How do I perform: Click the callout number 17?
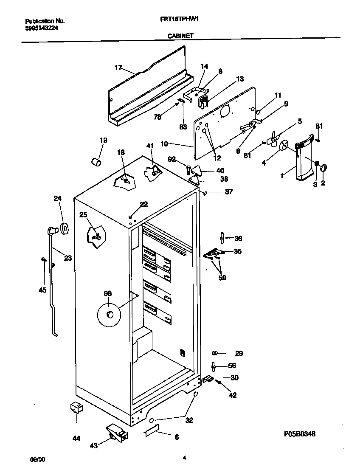(x=118, y=68)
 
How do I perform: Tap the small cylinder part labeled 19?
(x=97, y=162)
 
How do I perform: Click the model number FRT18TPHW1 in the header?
(x=177, y=20)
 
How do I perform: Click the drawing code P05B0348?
(x=300, y=434)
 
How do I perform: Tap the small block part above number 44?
(x=76, y=408)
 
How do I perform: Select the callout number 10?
(x=166, y=144)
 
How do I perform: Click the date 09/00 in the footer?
(x=37, y=459)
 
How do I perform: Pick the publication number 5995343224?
(x=42, y=28)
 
